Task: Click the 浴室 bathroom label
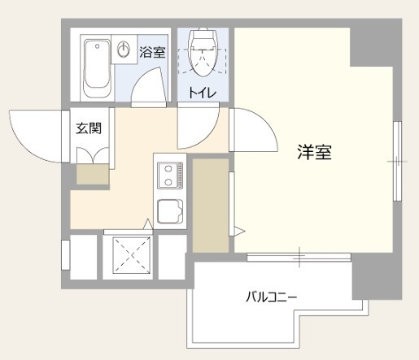pos(152,54)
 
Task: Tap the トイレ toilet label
pos(202,93)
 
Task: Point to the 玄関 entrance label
pos(88,128)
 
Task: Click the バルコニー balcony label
pos(273,297)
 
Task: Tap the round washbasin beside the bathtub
pos(124,50)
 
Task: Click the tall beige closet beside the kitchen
pos(211,204)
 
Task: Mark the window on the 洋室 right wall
pos(398,162)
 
